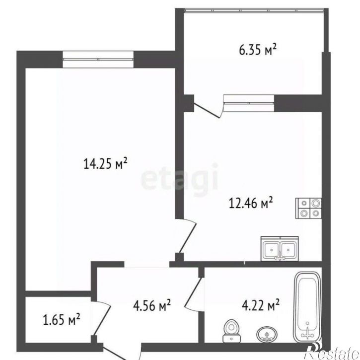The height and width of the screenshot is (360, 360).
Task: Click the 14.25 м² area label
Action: pos(105,163)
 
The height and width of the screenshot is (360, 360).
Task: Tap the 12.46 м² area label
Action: pos(251,203)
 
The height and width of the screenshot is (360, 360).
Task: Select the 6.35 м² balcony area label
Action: pos(258,50)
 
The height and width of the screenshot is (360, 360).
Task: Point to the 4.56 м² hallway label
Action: pos(152,305)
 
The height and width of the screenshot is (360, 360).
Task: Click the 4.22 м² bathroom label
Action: pos(261,305)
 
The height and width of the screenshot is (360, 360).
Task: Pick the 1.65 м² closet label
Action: pos(62,320)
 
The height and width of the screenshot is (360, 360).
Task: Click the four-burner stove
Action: pos(308,208)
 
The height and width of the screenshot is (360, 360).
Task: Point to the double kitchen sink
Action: pos(280,249)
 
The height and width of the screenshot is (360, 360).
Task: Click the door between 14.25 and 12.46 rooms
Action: pos(188,236)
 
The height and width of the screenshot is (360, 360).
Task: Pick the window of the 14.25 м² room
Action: pos(98,59)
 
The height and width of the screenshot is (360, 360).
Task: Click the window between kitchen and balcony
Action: pos(249,103)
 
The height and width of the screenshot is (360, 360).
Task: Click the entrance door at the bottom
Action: pos(122,352)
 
